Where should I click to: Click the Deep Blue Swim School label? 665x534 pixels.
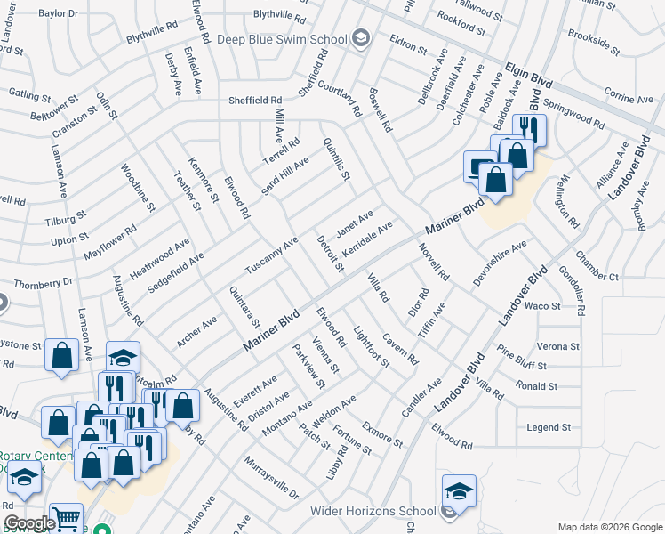pos(283,38)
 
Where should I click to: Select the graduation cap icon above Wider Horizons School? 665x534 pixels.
pos(459,491)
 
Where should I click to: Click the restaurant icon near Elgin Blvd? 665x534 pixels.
pos(525,130)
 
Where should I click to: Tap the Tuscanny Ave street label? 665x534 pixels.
pos(272,255)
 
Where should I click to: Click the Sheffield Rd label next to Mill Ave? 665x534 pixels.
pos(255,101)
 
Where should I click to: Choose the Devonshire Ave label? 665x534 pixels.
pos(500,262)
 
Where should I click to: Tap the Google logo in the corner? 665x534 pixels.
pos(28,523)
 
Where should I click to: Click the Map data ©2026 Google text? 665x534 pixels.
pos(609,526)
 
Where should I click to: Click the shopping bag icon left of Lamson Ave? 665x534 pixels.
pos(62,354)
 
